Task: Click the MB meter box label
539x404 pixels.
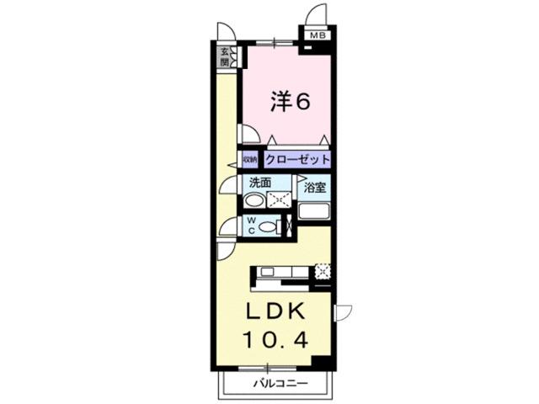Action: [x=317, y=35]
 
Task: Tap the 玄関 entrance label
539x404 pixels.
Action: [x=225, y=57]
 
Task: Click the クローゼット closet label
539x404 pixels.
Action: [x=296, y=158]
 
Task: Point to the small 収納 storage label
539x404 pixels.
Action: [x=250, y=158]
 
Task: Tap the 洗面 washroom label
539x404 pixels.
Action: [x=259, y=182]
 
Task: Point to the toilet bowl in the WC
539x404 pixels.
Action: [x=268, y=226]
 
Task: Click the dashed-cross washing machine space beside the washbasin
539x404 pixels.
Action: [x=280, y=199]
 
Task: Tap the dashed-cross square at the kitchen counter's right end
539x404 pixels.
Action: [x=323, y=272]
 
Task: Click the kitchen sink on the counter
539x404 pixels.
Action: [x=269, y=271]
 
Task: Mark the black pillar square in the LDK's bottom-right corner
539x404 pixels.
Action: [x=319, y=362]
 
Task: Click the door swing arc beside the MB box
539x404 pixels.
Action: [x=317, y=15]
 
